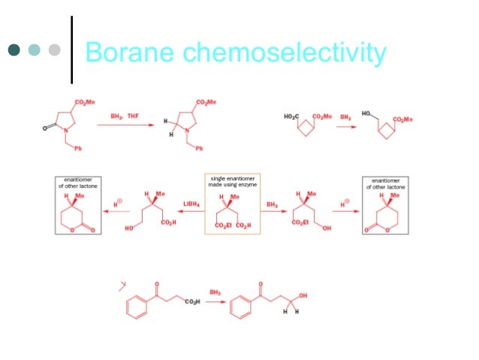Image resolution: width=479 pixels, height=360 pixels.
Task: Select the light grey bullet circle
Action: tap(53, 50)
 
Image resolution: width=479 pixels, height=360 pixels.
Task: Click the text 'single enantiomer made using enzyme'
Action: tap(232, 183)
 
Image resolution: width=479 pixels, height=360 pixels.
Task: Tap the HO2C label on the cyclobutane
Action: tap(291, 116)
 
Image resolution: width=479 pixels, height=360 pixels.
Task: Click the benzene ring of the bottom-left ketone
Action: tap(134, 307)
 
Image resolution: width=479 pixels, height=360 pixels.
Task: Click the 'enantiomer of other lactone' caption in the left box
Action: tap(79, 183)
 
